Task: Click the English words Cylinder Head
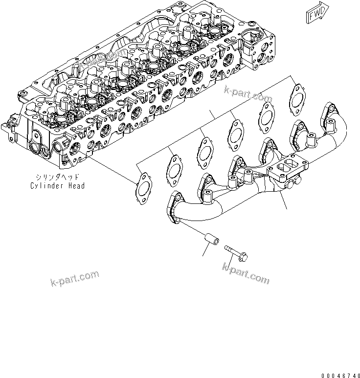pyautogui.click(x=57, y=186)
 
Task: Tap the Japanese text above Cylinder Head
pyautogui.click(x=57, y=178)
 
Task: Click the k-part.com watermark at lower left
pyautogui.click(x=74, y=279)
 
